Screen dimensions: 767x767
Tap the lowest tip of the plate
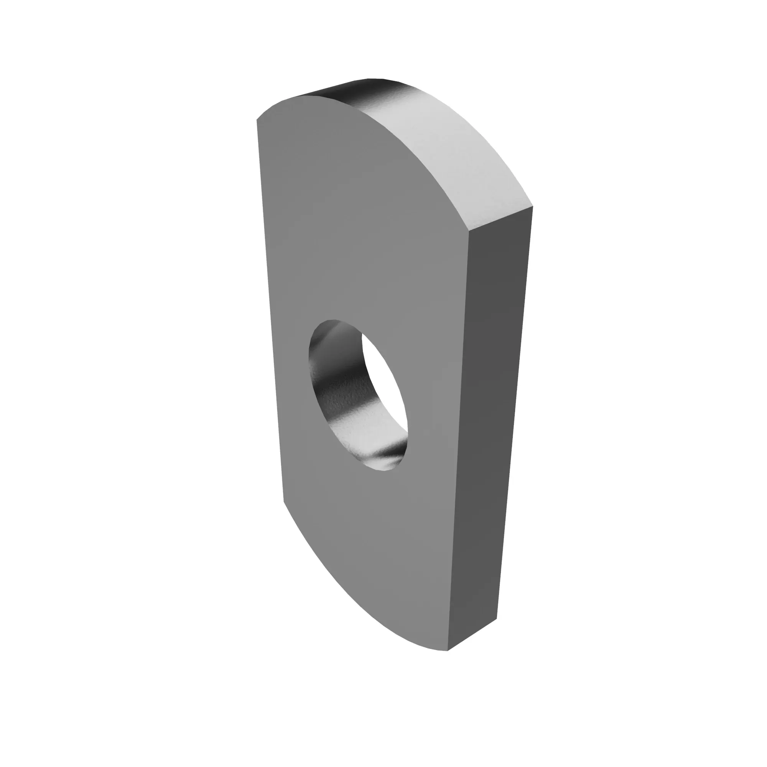pos(448,650)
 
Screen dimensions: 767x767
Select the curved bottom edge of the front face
pos(349,596)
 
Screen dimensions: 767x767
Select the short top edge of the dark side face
pos(501,219)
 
